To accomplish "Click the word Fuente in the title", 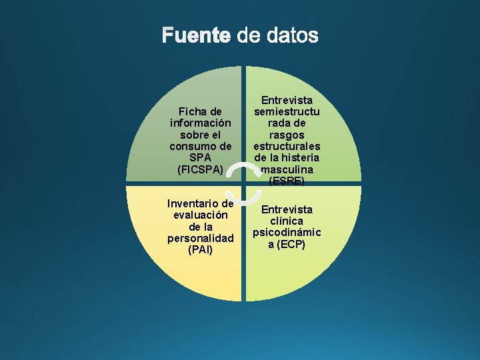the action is pos(196,35).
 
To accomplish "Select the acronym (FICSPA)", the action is pos(201,169).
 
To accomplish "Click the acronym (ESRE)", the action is pos(287,181).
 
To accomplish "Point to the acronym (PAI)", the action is pos(201,250).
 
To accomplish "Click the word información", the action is pos(201,123).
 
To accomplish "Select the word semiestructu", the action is pos(287,112).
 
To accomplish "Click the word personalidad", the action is pos(201,238).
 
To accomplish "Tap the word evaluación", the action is pos(201,215).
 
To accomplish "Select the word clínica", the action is pos(287,221).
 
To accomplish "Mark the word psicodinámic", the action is pos(287,233).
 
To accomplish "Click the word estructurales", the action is pos(287,146).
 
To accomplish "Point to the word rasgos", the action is pos(287,135).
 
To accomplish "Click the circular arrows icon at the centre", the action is pos(244,181).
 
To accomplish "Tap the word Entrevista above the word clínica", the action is pos(287,209).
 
